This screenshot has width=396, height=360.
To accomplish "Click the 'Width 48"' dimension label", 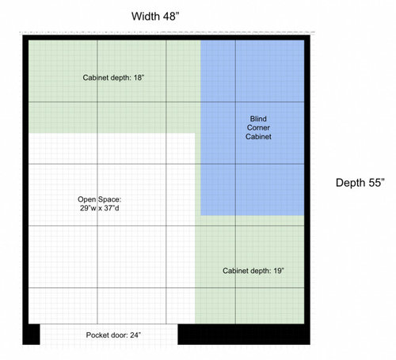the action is tap(155, 17).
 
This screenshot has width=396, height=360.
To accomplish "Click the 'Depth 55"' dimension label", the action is tap(360, 183).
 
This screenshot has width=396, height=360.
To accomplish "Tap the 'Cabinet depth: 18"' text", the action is tap(113, 78).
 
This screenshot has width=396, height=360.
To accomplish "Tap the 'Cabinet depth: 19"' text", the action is tap(253, 271).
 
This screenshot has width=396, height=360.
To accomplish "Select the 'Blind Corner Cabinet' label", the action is tap(258, 127).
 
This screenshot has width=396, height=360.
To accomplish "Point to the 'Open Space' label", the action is tap(100, 199).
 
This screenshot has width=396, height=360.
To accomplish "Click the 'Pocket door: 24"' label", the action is tap(113, 335).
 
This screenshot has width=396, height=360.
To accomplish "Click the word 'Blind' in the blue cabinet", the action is tap(258, 119).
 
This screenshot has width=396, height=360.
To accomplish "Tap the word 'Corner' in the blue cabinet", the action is tap(258, 127).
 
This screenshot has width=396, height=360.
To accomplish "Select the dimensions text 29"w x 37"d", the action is tap(100, 208).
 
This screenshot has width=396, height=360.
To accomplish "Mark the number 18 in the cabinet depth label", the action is tap(139, 78).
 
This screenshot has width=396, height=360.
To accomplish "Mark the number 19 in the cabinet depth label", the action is tap(279, 271).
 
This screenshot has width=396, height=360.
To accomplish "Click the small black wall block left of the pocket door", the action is tap(31, 334).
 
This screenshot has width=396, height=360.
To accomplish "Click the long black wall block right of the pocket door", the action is tap(244, 334).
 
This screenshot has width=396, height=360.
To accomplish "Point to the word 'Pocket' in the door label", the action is tap(95, 335).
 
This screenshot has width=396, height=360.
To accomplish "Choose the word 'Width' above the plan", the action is tap(146, 17).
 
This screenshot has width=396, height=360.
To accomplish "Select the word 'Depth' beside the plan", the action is tap(351, 183).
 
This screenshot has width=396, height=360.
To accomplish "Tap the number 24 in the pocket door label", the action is tap(135, 335).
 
